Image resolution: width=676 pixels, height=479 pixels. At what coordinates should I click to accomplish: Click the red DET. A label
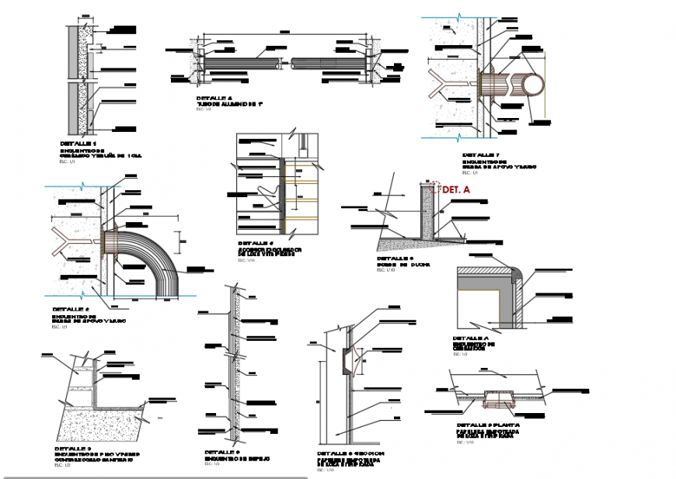[x=456, y=189]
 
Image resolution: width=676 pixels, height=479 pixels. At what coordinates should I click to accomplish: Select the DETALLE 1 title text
[x=78, y=144]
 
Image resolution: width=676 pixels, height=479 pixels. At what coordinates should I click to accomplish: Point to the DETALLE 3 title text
[x=73, y=449]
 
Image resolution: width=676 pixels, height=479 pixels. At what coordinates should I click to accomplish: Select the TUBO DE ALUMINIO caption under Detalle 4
[x=231, y=103]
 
